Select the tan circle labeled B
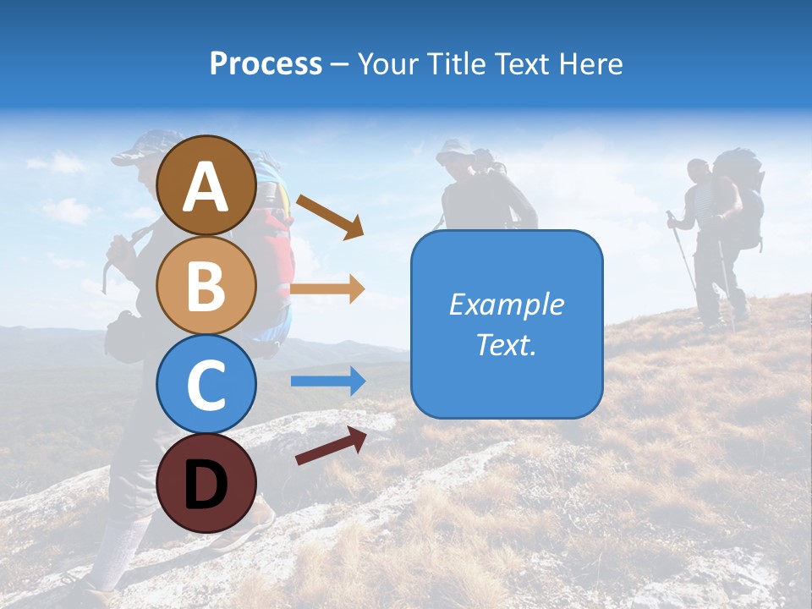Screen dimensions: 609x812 pos(206,285)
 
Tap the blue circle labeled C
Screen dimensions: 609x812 pos(206,384)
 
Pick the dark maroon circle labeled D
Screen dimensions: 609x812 pos(206,483)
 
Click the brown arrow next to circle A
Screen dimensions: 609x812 pos(330,217)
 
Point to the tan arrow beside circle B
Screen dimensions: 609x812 pos(327,288)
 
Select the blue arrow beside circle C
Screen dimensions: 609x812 pos(327,381)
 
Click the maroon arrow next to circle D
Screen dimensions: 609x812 pos(331,446)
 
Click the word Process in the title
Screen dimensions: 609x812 pos(266,64)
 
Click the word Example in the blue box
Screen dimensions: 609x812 pos(506,304)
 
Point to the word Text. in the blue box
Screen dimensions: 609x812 pos(506,345)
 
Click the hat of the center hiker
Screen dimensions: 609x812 pos(455,148)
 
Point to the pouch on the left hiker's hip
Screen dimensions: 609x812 pos(123,337)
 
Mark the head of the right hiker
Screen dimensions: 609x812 pos(698,171)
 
